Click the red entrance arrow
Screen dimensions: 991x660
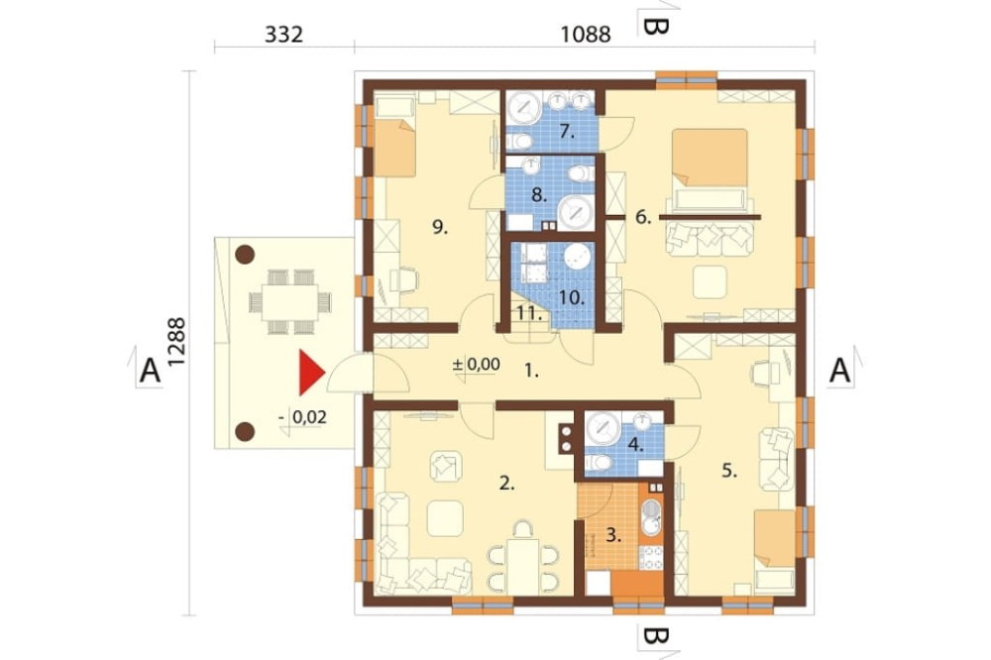coord(310,373)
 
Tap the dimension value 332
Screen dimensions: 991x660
coord(283,34)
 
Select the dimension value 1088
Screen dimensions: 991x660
coord(586,34)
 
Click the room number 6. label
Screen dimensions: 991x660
coord(643,218)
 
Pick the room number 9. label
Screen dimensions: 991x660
coord(440,227)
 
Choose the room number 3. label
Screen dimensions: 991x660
coord(613,536)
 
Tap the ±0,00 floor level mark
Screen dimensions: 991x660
coord(478,364)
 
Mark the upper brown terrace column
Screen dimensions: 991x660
coord(245,255)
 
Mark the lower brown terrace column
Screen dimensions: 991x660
coord(245,432)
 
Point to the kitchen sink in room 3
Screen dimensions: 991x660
coord(652,516)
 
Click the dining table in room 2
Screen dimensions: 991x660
coord(524,566)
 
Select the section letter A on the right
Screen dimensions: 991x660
coord(840,371)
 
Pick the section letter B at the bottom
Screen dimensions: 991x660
coord(654,636)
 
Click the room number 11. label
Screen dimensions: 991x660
coord(529,313)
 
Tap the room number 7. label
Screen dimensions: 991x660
coord(567,132)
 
